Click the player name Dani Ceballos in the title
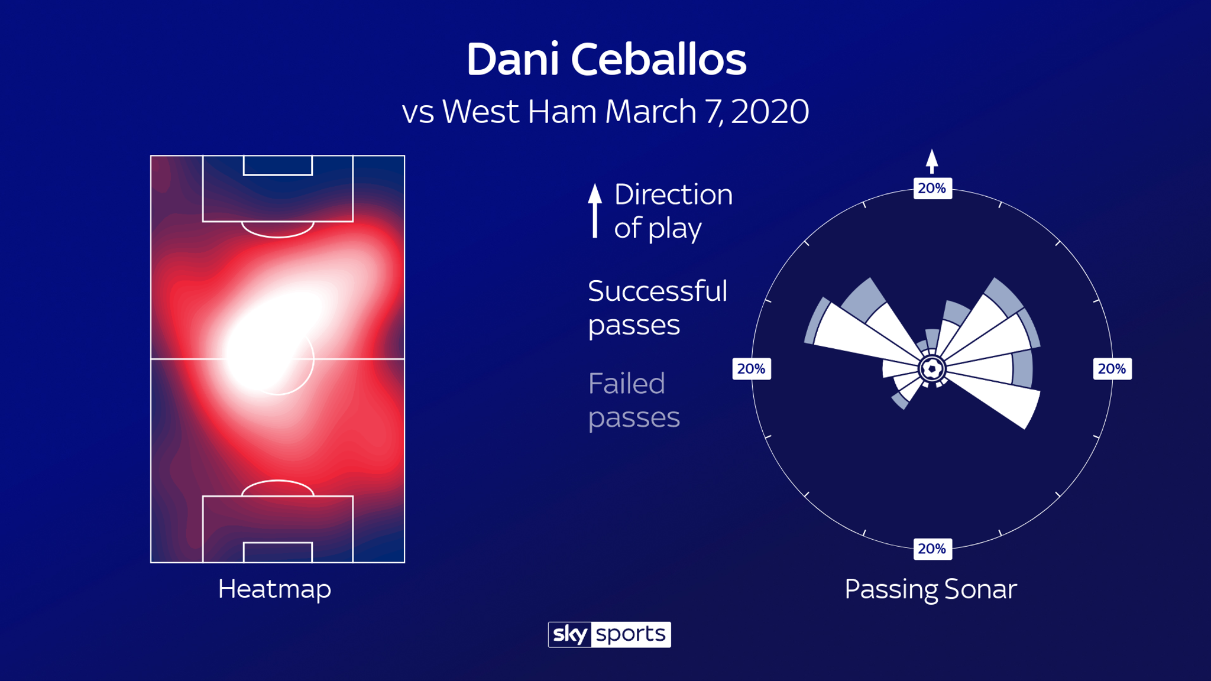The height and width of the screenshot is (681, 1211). click(606, 60)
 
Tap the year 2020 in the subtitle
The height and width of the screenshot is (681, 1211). click(769, 112)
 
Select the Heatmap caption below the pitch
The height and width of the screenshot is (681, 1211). click(274, 589)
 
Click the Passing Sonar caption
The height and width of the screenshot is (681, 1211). click(930, 589)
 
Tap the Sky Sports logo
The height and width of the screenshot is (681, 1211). click(609, 634)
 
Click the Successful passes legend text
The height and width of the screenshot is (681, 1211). click(657, 307)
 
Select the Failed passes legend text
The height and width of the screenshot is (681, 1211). click(633, 400)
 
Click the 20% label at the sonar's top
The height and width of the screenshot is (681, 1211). click(932, 189)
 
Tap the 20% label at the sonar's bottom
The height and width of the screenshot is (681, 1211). click(932, 549)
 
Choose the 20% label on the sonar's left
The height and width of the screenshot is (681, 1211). click(751, 369)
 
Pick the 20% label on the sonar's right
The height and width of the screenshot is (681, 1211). click(1112, 369)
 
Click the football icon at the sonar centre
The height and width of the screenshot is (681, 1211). click(932, 369)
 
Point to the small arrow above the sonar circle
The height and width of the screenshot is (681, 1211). click(932, 161)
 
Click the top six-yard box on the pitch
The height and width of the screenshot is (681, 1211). click(278, 166)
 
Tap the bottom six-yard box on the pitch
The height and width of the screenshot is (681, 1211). click(278, 552)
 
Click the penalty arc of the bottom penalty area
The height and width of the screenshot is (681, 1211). click(278, 487)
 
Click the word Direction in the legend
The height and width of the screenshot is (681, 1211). click(673, 194)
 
